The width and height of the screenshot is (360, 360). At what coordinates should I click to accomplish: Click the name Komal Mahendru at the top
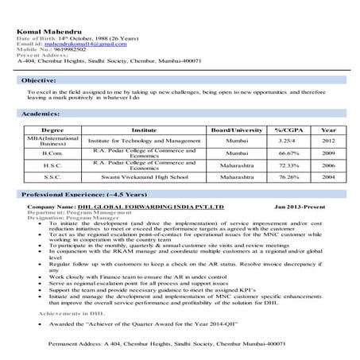coord(48,32)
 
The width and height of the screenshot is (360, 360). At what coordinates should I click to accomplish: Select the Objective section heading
coord(38,81)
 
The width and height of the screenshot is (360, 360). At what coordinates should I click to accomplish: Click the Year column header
coord(328,129)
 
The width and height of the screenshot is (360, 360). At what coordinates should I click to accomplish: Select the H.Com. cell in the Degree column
coord(52,153)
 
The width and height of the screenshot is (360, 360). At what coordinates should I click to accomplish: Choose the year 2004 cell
coord(328,177)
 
